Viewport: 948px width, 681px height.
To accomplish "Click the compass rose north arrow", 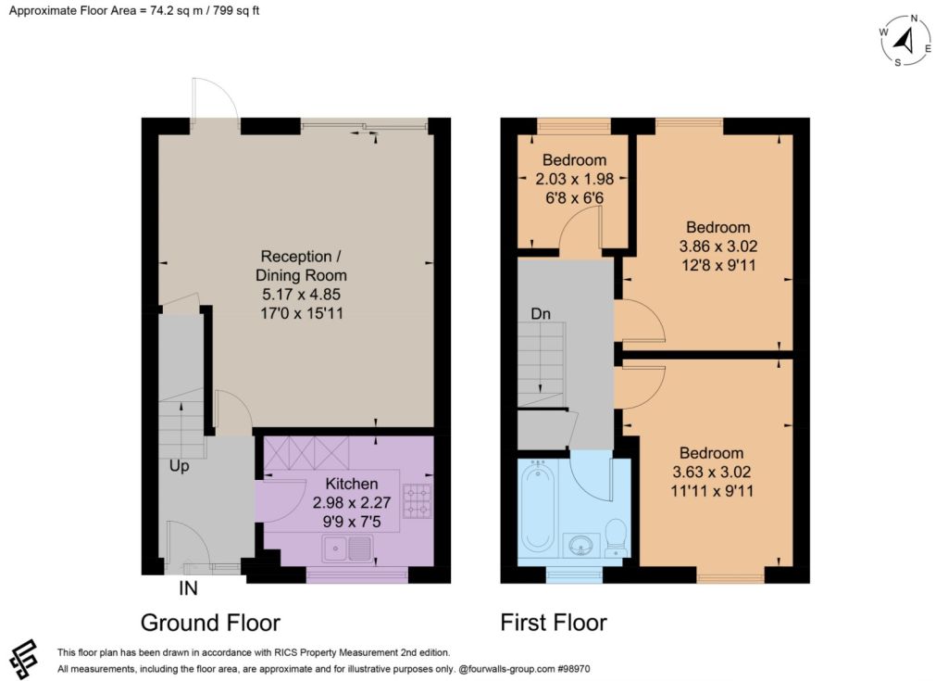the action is (904, 42).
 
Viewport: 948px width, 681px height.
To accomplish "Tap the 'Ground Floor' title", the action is (210, 623).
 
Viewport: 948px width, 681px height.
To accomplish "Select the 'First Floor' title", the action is (554, 623).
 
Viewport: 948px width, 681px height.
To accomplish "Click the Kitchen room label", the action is (351, 484).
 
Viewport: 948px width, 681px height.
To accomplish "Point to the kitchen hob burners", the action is (418, 501).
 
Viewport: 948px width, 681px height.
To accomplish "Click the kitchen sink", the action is (347, 549).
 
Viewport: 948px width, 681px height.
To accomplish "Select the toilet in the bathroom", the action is (617, 537).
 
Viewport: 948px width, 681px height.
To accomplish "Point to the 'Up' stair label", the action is (179, 466).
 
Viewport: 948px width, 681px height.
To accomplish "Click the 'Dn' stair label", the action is (541, 313).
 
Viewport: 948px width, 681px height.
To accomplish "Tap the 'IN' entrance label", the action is (188, 587).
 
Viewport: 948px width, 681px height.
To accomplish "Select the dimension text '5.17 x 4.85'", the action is (301, 295).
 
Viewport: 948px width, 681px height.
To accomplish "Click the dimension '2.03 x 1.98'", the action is (574, 179).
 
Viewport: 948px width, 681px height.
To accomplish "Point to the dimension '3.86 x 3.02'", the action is (718, 246).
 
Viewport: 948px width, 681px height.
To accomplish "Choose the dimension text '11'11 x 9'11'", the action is (712, 490).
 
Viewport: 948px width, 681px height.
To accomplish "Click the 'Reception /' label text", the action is (301, 257).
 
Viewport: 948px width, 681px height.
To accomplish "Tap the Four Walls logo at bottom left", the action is (23, 660).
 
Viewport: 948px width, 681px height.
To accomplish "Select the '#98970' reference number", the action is (573, 669).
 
